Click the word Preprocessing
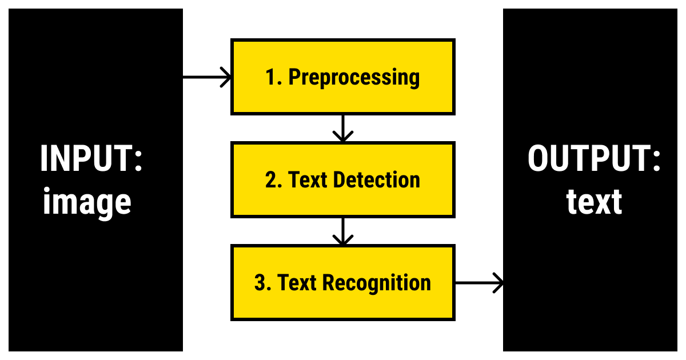[354, 77]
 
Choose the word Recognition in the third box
[377, 283]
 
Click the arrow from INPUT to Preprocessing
[206, 77]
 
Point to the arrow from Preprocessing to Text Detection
[342, 128]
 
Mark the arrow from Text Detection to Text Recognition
[342, 231]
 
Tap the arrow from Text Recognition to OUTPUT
[478, 282]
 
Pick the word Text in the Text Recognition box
[298, 283]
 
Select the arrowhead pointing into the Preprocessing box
[226, 77]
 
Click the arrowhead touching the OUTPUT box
[498, 282]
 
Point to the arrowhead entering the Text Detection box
[342, 137]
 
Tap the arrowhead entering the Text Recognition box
[342, 240]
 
